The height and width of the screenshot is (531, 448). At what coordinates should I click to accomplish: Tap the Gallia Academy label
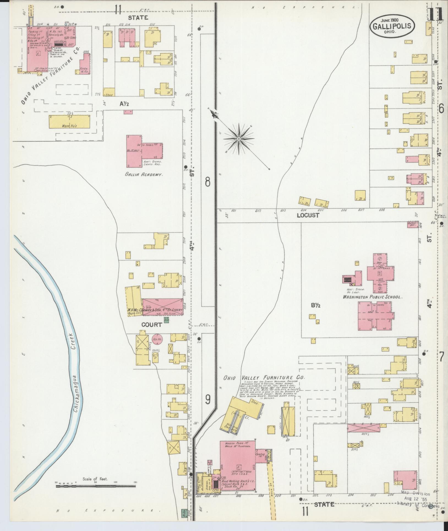(143, 174)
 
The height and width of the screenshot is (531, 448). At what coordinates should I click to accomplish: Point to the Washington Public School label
(372, 297)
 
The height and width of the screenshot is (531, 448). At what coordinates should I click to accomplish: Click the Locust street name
(308, 215)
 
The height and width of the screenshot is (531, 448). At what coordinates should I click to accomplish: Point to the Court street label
(151, 325)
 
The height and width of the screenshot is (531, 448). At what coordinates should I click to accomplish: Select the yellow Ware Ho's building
(70, 122)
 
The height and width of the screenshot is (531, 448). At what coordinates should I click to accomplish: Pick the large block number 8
(208, 182)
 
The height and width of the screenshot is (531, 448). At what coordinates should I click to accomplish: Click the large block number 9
(208, 399)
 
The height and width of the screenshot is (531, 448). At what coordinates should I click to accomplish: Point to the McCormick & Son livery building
(162, 306)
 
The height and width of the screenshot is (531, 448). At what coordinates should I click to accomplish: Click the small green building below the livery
(166, 320)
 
